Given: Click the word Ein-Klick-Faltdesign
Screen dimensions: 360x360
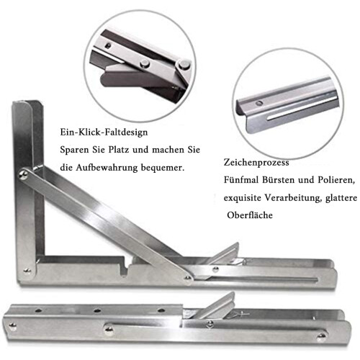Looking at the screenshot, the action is (x=104, y=132).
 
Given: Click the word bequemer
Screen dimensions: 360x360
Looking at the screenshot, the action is (x=163, y=168).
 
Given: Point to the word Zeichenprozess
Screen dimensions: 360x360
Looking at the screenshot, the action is (x=256, y=163).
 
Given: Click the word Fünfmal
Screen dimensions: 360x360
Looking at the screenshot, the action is (x=241, y=180).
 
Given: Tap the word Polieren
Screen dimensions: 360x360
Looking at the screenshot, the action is (x=336, y=180).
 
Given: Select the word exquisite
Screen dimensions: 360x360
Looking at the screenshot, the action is (x=243, y=198).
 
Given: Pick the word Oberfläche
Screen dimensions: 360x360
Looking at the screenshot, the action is (x=250, y=215).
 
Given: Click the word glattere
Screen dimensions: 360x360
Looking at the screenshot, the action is (x=341, y=198).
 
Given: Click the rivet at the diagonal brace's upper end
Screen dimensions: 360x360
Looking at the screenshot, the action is (x=24, y=174).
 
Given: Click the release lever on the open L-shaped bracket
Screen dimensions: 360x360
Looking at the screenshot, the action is (x=225, y=254).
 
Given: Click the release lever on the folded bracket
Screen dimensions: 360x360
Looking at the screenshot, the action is (x=217, y=305).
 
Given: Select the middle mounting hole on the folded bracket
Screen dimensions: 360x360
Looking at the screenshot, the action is (x=97, y=311).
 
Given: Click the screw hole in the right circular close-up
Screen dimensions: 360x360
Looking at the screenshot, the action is (x=258, y=103).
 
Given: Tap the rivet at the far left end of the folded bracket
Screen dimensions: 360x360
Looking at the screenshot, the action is (x=12, y=326).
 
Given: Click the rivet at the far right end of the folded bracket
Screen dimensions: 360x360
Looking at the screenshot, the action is (x=322, y=337).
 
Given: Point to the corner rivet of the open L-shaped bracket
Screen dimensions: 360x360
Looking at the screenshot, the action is (x=27, y=271).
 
